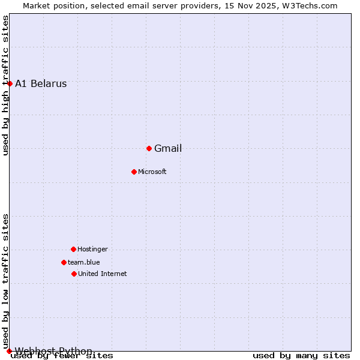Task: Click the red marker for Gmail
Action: click(149, 148)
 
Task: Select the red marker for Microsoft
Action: click(134, 172)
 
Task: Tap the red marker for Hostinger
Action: click(73, 249)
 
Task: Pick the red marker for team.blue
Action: click(64, 262)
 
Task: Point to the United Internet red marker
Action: click(74, 274)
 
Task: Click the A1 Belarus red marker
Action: click(10, 83)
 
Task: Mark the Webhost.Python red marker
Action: click(9, 351)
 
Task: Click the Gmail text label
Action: click(168, 149)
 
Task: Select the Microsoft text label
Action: click(152, 172)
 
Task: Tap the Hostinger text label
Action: click(93, 250)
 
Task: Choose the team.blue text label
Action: click(84, 262)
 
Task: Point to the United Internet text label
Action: click(103, 274)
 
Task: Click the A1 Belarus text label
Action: click(41, 84)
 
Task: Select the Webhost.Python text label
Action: click(53, 351)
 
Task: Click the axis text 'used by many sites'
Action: click(301, 356)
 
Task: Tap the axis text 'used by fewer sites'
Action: click(62, 356)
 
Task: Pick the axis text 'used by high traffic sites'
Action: click(6, 85)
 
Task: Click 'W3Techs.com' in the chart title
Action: click(310, 6)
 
